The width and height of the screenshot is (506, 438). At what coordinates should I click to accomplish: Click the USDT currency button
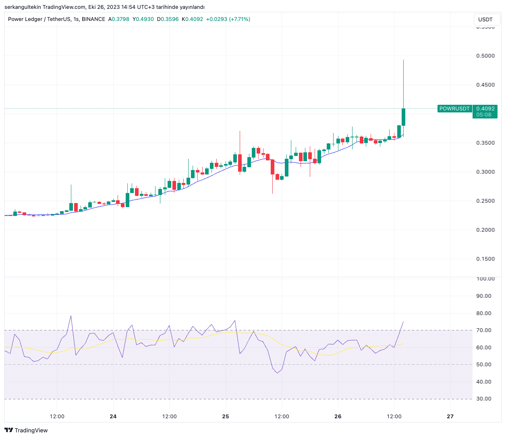tap(485, 19)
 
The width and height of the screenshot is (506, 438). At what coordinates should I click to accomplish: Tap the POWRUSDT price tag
tap(454, 109)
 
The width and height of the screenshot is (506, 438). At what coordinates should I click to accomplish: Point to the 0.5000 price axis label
tap(485, 56)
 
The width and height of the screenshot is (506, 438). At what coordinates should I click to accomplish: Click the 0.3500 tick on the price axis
tap(485, 143)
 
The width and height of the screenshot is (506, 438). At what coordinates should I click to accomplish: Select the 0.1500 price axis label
tap(485, 259)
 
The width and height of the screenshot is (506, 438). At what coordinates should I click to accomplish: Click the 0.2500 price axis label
tap(485, 201)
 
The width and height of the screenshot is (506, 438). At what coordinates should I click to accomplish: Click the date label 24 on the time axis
tap(113, 417)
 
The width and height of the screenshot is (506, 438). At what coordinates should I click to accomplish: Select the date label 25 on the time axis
tap(226, 417)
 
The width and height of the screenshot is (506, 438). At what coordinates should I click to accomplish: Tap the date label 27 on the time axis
tap(450, 417)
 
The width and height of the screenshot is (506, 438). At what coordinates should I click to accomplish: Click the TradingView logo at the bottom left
tap(26, 430)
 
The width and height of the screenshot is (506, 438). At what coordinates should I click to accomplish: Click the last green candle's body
tap(403, 117)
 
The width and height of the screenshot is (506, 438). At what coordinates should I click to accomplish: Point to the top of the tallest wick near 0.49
tap(403, 60)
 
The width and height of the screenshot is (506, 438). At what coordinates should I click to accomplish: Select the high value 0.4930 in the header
tap(145, 19)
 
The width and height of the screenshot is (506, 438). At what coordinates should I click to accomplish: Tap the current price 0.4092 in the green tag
tap(485, 109)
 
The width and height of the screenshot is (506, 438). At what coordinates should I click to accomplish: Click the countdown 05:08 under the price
tap(484, 115)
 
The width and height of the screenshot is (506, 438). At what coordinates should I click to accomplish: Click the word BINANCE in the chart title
tap(93, 19)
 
